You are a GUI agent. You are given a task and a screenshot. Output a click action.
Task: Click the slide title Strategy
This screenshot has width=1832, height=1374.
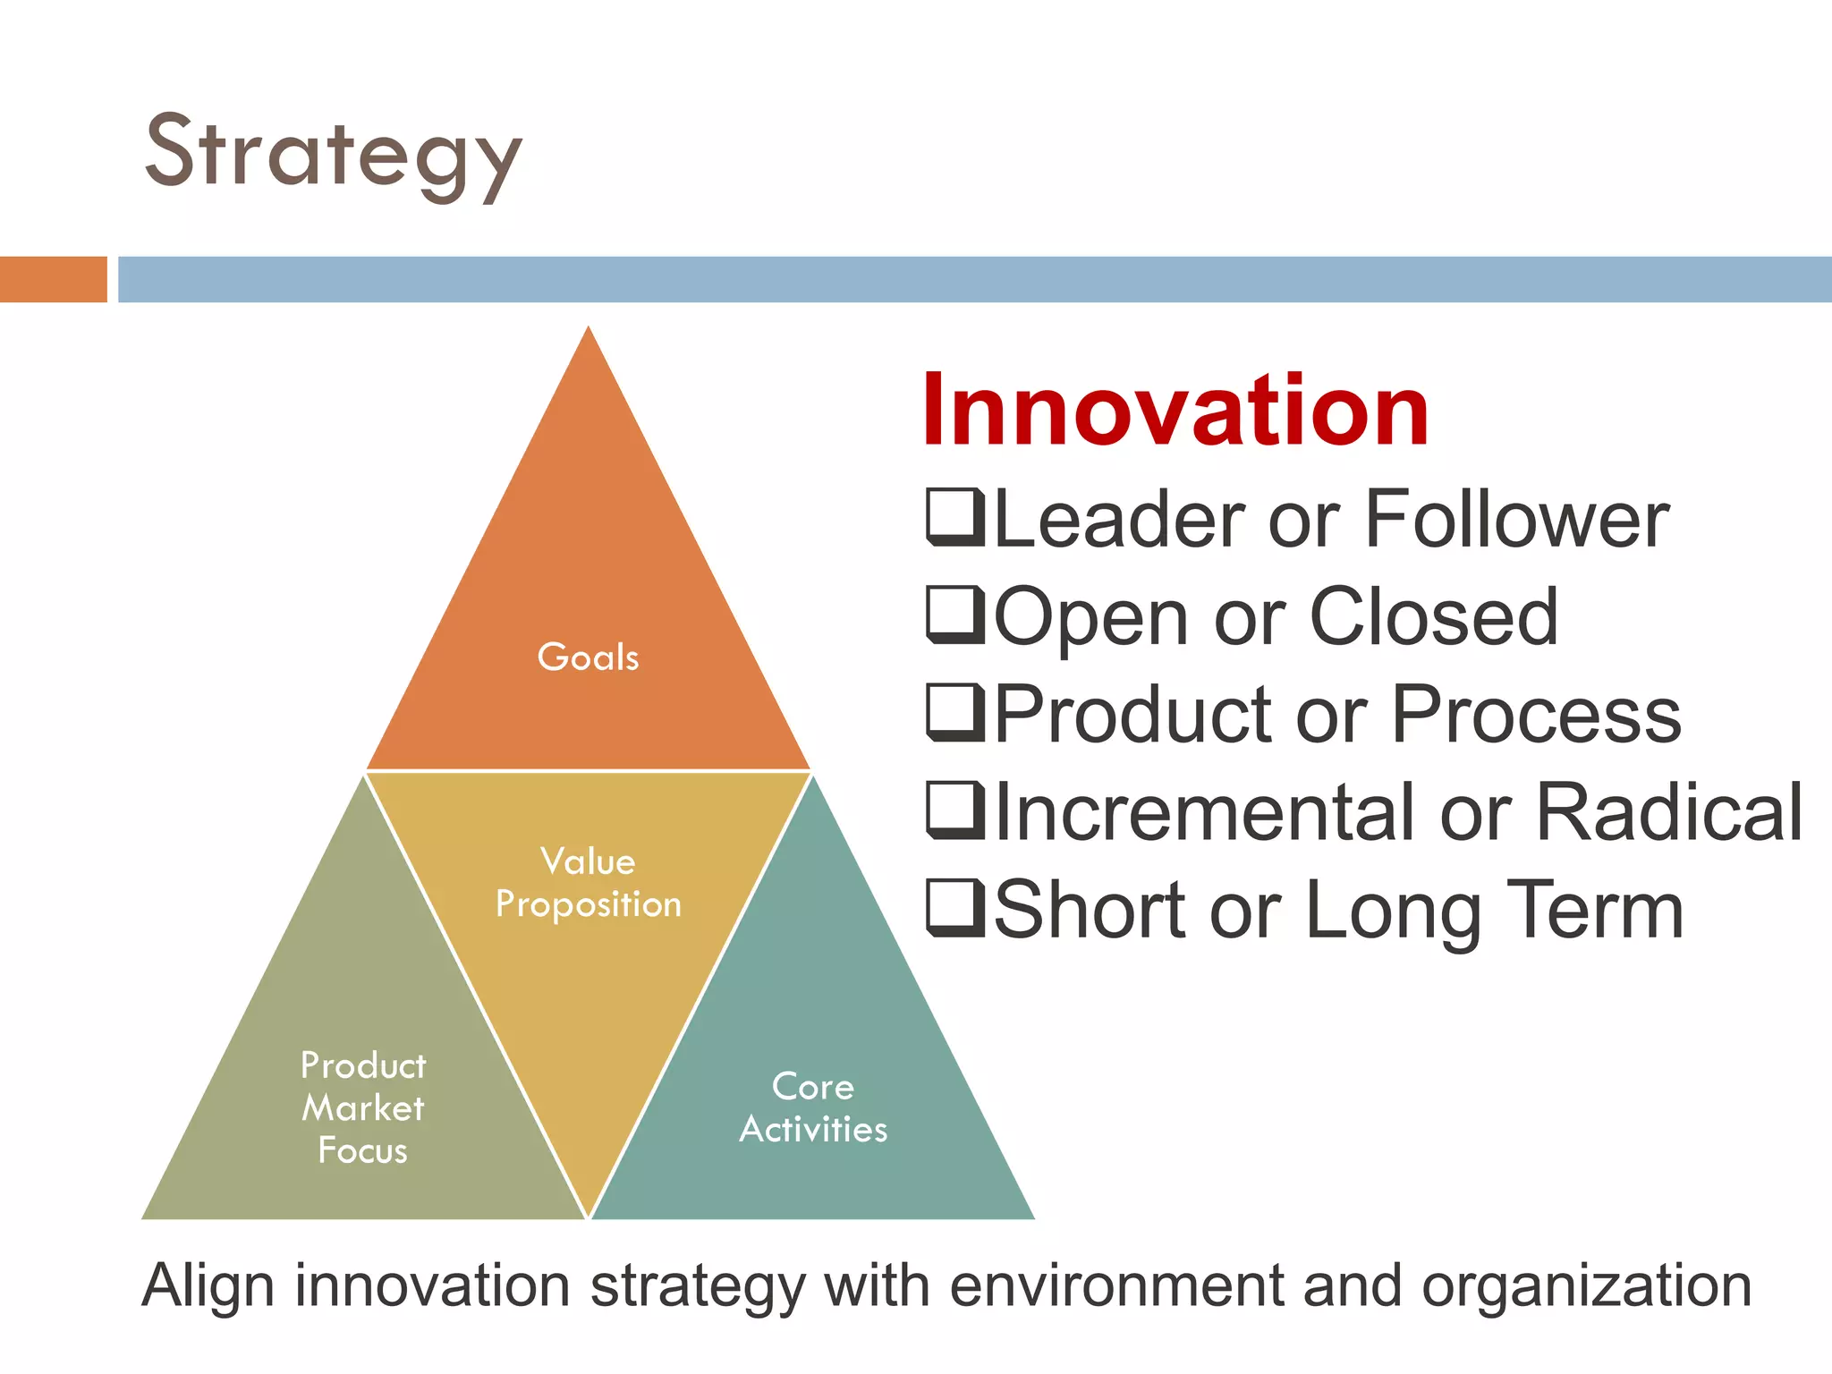coord(333,154)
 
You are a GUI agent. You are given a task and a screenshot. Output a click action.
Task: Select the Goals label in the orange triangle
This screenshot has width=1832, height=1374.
coord(588,657)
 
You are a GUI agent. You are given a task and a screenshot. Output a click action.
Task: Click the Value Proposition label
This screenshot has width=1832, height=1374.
coord(588,883)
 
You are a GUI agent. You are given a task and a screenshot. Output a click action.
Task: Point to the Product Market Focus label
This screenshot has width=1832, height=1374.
coord(362,1107)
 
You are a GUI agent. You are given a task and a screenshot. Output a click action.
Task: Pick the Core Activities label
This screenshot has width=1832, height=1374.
coord(813,1107)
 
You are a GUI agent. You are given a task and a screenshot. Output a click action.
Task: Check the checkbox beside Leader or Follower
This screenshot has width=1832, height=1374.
coord(954,518)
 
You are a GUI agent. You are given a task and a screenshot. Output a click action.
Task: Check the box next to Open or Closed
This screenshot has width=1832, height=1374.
coord(954,615)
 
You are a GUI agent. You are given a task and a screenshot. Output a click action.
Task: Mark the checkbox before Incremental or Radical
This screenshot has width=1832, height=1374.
coord(954,810)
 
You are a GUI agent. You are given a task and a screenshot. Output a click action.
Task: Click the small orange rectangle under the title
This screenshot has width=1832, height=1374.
coord(53,279)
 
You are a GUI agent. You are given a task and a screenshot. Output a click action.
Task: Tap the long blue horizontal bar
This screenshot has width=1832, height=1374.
coord(973,279)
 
